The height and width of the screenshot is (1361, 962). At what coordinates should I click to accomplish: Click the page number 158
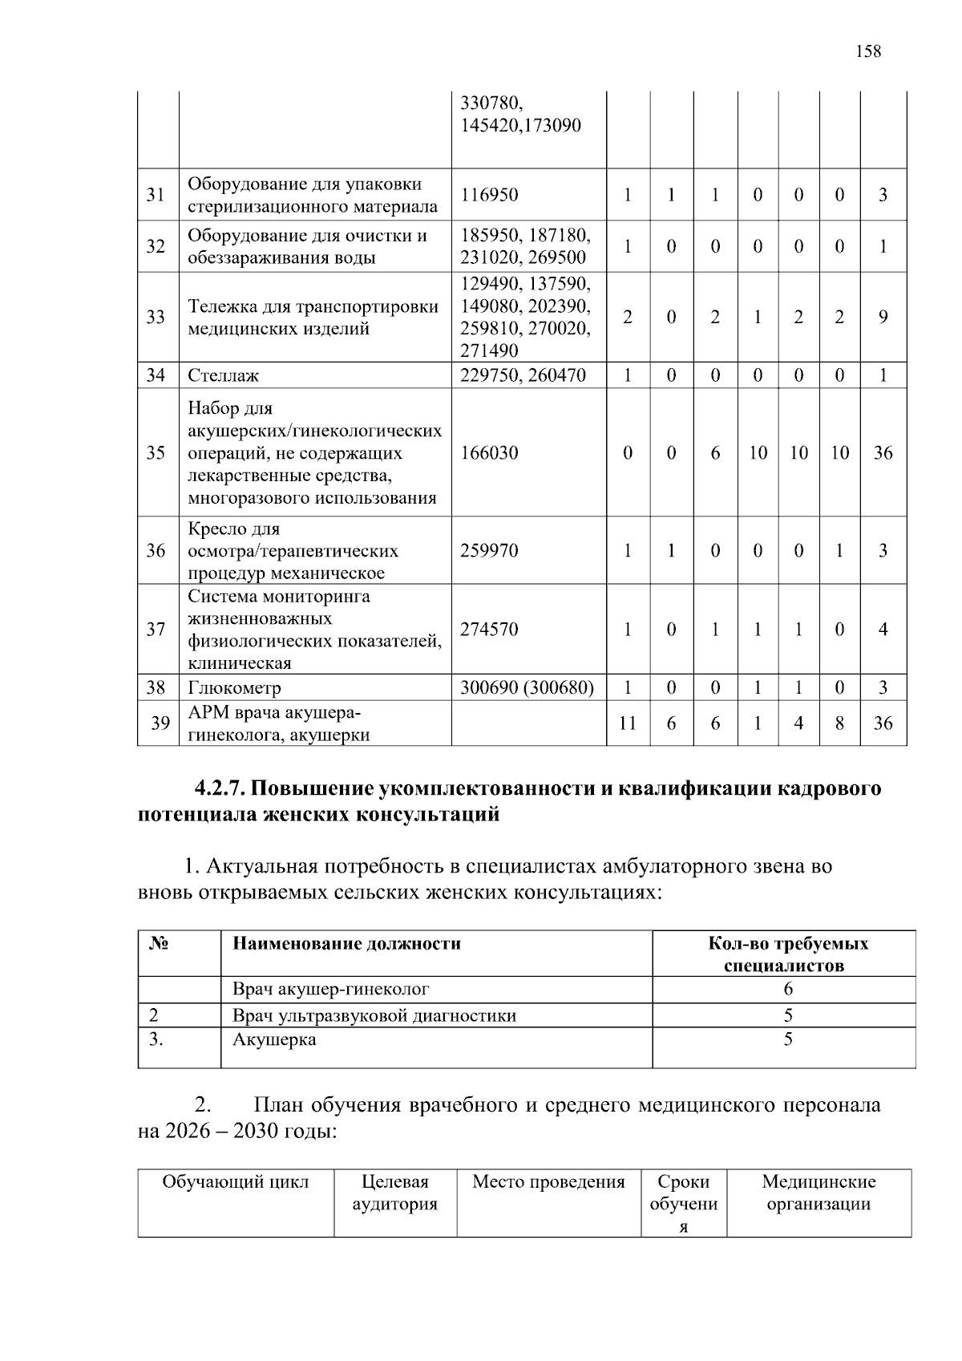tap(867, 52)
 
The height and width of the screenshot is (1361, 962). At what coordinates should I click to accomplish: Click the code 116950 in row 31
tap(489, 195)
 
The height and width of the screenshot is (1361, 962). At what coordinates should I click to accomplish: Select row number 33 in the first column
tap(156, 317)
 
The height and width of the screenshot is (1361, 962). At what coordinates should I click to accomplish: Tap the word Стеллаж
tap(224, 375)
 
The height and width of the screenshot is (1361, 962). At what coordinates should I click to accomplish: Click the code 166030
tap(489, 452)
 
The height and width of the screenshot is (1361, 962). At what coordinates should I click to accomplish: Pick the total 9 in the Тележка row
tap(883, 317)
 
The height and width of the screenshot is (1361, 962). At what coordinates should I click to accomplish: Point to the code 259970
tap(489, 550)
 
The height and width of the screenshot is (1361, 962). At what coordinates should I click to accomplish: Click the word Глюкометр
tap(234, 687)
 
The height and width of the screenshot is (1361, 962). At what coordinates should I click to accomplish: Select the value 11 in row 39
tap(627, 723)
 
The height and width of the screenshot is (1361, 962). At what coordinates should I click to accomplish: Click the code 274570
tap(489, 629)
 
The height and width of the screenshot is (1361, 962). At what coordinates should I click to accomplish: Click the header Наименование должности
tap(346, 943)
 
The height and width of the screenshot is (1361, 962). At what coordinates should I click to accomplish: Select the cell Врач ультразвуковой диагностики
tap(374, 1015)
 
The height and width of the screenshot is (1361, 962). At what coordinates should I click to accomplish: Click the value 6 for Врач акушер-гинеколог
tap(788, 989)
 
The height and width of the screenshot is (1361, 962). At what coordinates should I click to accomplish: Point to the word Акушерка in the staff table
tap(274, 1039)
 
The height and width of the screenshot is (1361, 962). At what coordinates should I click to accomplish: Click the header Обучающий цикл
tap(236, 1181)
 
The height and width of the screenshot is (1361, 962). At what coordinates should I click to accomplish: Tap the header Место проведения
tap(548, 1181)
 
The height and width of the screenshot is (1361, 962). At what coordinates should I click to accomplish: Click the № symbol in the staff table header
tap(159, 943)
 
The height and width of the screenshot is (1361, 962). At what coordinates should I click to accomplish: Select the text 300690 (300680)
tap(527, 687)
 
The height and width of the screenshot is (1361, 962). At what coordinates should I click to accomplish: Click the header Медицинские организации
tap(819, 1193)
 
